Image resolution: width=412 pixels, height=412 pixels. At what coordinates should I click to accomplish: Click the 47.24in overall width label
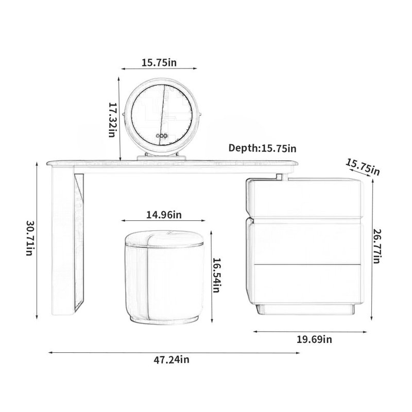[171, 359]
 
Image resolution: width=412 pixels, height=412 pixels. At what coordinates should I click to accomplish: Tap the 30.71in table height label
[30, 238]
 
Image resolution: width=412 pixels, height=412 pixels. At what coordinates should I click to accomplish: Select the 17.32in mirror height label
[112, 119]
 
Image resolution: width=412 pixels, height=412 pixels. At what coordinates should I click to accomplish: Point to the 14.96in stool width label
[164, 215]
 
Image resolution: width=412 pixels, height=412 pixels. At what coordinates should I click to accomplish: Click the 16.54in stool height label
[216, 275]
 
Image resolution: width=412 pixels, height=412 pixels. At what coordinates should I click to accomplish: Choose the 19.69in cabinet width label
[314, 339]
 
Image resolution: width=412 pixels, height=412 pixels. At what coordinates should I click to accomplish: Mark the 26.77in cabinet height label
[377, 246]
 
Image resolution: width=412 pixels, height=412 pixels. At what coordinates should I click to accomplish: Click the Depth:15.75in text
[262, 148]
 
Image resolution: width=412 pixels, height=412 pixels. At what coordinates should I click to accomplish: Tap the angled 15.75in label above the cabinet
[363, 167]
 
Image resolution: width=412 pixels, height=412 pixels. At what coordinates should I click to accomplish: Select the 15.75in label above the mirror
[159, 62]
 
